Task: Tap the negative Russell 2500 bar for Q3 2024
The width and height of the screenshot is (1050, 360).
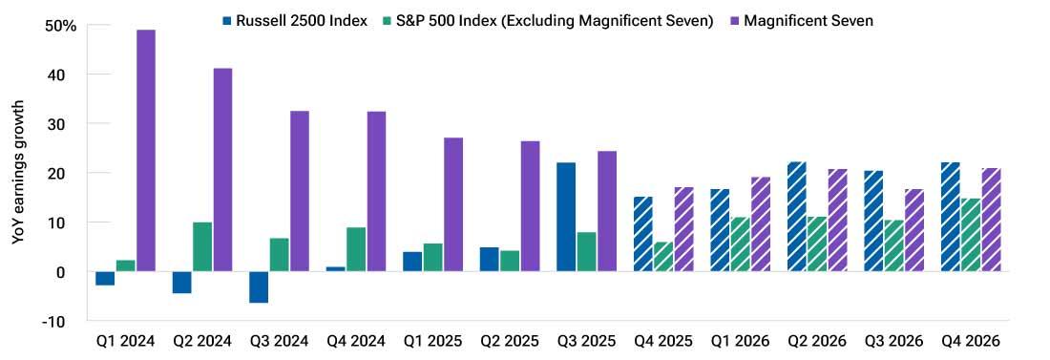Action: click(259, 287)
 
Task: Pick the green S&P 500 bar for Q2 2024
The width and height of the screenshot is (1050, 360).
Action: click(202, 247)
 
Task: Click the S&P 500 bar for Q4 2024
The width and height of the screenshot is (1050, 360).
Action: click(356, 249)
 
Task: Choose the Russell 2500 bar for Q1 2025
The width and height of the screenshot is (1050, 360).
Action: click(412, 262)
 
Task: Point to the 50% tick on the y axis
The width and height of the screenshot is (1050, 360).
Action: click(61, 25)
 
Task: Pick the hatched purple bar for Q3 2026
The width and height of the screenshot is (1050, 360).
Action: click(914, 230)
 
